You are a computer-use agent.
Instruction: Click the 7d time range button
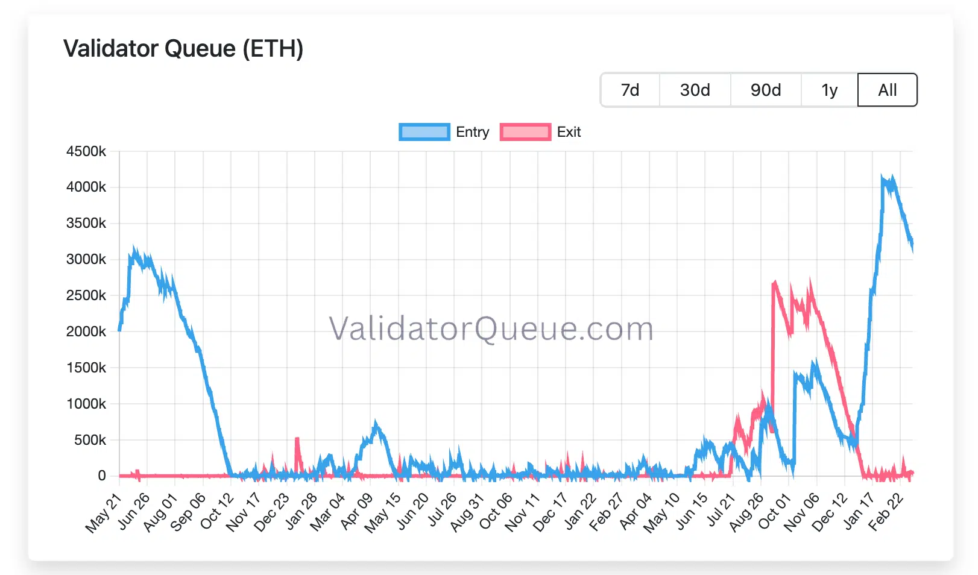(630, 90)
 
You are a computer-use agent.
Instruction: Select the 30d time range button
(695, 90)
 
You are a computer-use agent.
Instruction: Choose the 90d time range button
(766, 90)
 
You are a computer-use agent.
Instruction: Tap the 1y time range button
(829, 90)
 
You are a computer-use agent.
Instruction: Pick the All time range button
(887, 90)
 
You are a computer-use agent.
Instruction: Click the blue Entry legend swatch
(424, 132)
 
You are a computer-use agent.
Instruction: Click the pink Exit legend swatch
(525, 132)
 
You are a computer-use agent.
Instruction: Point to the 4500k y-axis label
(86, 151)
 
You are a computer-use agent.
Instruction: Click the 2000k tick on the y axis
(86, 331)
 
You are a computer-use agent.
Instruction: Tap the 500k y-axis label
(90, 440)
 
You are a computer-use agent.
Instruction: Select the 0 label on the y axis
(102, 476)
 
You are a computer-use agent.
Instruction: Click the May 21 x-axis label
(104, 512)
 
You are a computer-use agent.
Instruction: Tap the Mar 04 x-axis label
(327, 512)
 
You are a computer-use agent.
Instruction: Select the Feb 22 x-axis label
(886, 512)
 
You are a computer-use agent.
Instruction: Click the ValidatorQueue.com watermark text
(491, 329)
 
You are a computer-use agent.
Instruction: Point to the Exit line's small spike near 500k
(297, 439)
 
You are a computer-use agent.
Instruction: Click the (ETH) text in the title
(273, 49)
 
